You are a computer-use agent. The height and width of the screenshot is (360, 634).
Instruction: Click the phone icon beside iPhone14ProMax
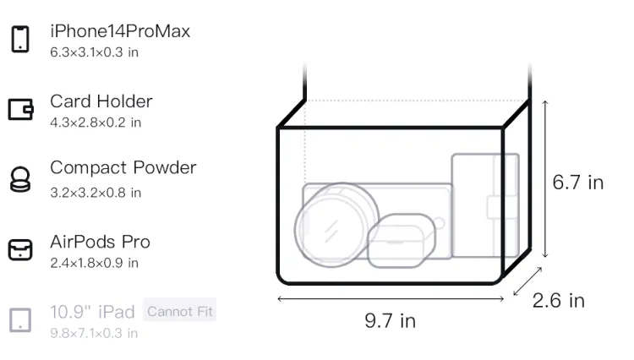tap(20, 39)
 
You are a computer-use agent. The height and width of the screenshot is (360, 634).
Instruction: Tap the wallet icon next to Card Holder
tap(20, 109)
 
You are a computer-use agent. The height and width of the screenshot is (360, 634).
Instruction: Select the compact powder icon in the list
tap(20, 179)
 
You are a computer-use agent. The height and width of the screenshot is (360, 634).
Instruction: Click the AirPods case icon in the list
tap(20, 249)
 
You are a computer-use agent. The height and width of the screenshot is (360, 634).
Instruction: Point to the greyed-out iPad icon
tap(20, 320)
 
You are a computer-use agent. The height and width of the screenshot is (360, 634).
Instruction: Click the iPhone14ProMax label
tap(120, 31)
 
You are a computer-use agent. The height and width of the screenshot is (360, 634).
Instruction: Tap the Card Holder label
tap(101, 101)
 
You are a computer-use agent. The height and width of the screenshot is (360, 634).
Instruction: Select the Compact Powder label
tap(123, 167)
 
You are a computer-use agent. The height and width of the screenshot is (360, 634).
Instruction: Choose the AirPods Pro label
tap(101, 242)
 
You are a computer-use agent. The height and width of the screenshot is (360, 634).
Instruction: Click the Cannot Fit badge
tap(180, 311)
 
